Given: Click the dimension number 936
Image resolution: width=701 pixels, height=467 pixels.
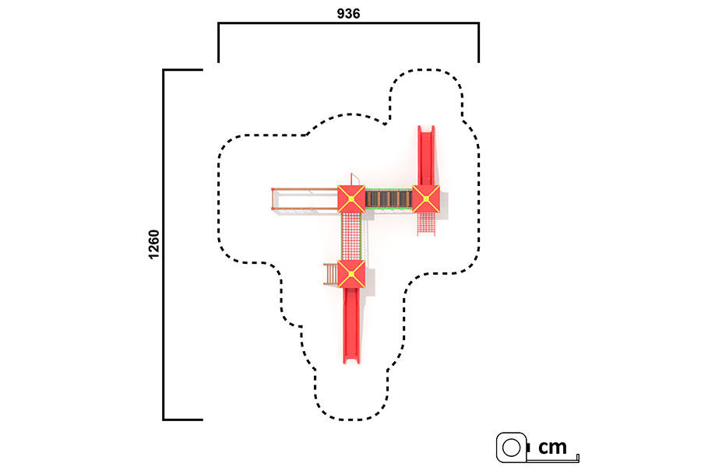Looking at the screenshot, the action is click(348, 14).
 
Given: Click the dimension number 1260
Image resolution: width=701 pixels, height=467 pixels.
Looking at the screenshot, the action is click(153, 244).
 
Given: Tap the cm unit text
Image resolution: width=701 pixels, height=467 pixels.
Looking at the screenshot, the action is click(552, 447).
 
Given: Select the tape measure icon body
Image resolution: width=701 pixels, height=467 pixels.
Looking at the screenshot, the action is click(512, 447).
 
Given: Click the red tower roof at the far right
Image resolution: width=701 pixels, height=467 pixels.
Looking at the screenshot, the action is click(426, 199).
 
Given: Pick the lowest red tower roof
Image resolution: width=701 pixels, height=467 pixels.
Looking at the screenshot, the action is click(351, 274).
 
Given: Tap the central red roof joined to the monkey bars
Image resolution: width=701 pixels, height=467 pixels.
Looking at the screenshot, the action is click(351, 199).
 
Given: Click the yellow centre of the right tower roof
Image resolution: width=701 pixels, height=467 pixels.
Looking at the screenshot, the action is click(426, 199).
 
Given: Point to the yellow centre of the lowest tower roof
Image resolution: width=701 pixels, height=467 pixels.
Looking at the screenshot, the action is click(351, 274).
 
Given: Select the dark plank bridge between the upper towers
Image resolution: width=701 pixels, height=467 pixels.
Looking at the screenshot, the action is click(389, 199).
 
